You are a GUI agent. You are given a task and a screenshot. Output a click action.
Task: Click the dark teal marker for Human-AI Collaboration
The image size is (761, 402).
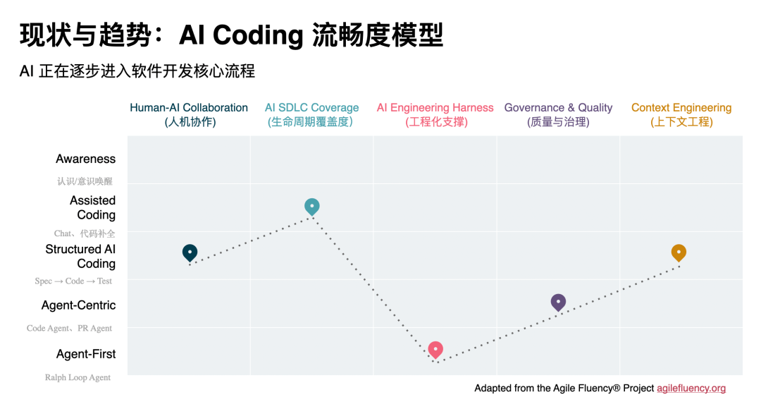coord(190,252)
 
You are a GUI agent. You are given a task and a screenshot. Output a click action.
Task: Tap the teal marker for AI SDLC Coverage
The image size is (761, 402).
coord(312,206)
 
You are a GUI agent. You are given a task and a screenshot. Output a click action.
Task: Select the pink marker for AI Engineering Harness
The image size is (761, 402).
coord(435,348)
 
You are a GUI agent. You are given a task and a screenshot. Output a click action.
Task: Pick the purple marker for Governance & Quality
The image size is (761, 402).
coord(558,302)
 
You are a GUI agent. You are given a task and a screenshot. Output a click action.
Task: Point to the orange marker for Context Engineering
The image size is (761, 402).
coord(679,252)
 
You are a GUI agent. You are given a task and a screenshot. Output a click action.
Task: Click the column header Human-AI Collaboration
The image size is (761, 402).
coord(189,114)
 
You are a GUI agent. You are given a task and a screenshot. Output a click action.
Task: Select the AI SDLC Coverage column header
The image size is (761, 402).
coord(311,114)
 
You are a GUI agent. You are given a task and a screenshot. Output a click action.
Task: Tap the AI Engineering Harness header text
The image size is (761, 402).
coord(435,114)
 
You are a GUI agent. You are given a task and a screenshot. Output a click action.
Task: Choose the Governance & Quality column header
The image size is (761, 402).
coord(558,114)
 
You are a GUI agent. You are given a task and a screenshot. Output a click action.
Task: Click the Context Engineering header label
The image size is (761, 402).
coord(681,114)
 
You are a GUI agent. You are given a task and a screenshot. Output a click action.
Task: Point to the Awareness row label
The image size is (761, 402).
coord(85,159)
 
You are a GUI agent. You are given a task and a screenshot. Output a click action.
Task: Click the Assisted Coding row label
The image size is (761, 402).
coord(92,207)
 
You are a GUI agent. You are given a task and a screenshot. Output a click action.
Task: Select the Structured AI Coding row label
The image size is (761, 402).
coord(80,256)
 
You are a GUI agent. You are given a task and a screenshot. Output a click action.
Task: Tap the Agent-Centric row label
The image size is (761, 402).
coord(78,305)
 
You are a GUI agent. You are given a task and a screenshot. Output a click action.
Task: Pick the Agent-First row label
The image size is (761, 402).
coord(86,354)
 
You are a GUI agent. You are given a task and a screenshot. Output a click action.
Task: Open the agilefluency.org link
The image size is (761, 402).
coord(691,388)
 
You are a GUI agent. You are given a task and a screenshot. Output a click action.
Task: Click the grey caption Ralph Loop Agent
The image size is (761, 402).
coord(78,377)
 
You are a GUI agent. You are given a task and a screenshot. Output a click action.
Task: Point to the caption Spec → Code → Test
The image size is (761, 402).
coord(73,281)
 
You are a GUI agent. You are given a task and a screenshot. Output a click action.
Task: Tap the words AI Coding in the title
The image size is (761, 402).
coord(241,35)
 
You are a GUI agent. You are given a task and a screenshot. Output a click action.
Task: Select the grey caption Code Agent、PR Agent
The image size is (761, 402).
coord(69,328)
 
